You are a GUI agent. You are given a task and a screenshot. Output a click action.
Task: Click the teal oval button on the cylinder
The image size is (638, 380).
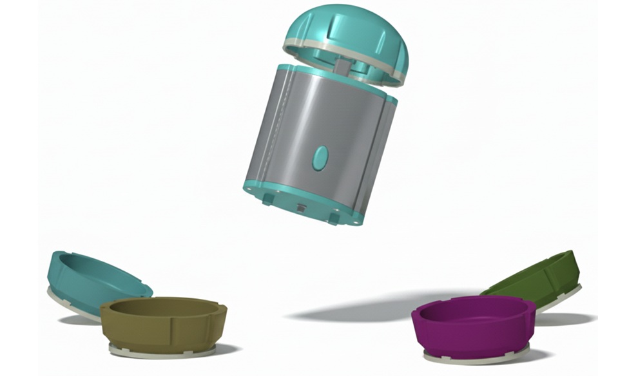point(320,157)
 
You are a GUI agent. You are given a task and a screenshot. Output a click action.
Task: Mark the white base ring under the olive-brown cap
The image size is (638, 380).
point(161,352)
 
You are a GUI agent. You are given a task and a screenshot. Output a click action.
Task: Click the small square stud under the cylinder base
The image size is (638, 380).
point(300,208)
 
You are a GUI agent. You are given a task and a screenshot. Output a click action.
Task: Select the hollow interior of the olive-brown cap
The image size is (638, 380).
point(158,308)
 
